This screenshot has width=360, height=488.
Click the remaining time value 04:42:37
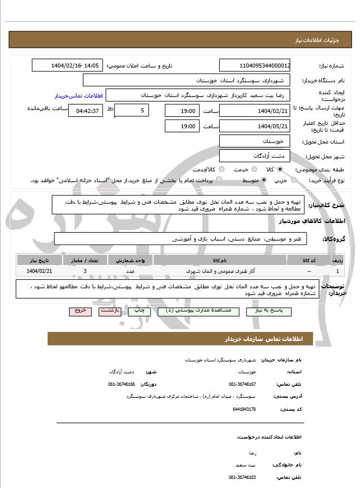(85, 110)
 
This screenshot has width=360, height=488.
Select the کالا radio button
(280, 169)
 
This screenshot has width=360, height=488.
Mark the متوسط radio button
(264, 180)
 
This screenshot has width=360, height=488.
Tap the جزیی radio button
(294, 180)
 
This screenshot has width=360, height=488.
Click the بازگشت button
(108, 312)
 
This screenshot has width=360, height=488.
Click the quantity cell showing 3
(85, 271)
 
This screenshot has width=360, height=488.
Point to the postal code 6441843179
(245, 409)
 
